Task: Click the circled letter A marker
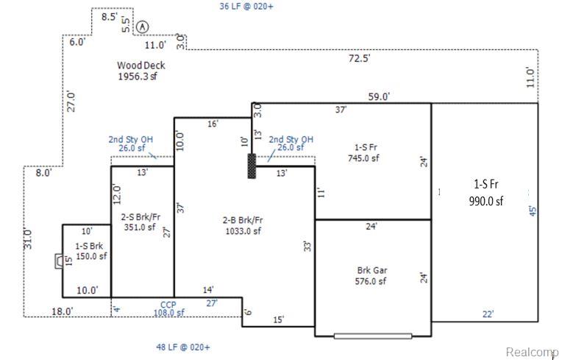142,27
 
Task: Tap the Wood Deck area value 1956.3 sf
138,77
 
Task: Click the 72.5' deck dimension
360,57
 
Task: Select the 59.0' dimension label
379,96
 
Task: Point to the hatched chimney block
252,166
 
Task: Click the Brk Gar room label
372,270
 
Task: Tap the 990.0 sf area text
486,201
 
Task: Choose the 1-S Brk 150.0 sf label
90,251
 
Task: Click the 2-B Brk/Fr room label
243,220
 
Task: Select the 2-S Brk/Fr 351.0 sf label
140,222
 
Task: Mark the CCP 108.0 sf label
168,308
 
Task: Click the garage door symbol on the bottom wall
373,336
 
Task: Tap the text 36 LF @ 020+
246,6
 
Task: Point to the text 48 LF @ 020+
182,347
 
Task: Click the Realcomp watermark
532,352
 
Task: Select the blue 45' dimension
533,211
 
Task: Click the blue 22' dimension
488,314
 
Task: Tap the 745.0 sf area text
363,158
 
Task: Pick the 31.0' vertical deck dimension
28,239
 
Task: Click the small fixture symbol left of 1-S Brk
58,261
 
